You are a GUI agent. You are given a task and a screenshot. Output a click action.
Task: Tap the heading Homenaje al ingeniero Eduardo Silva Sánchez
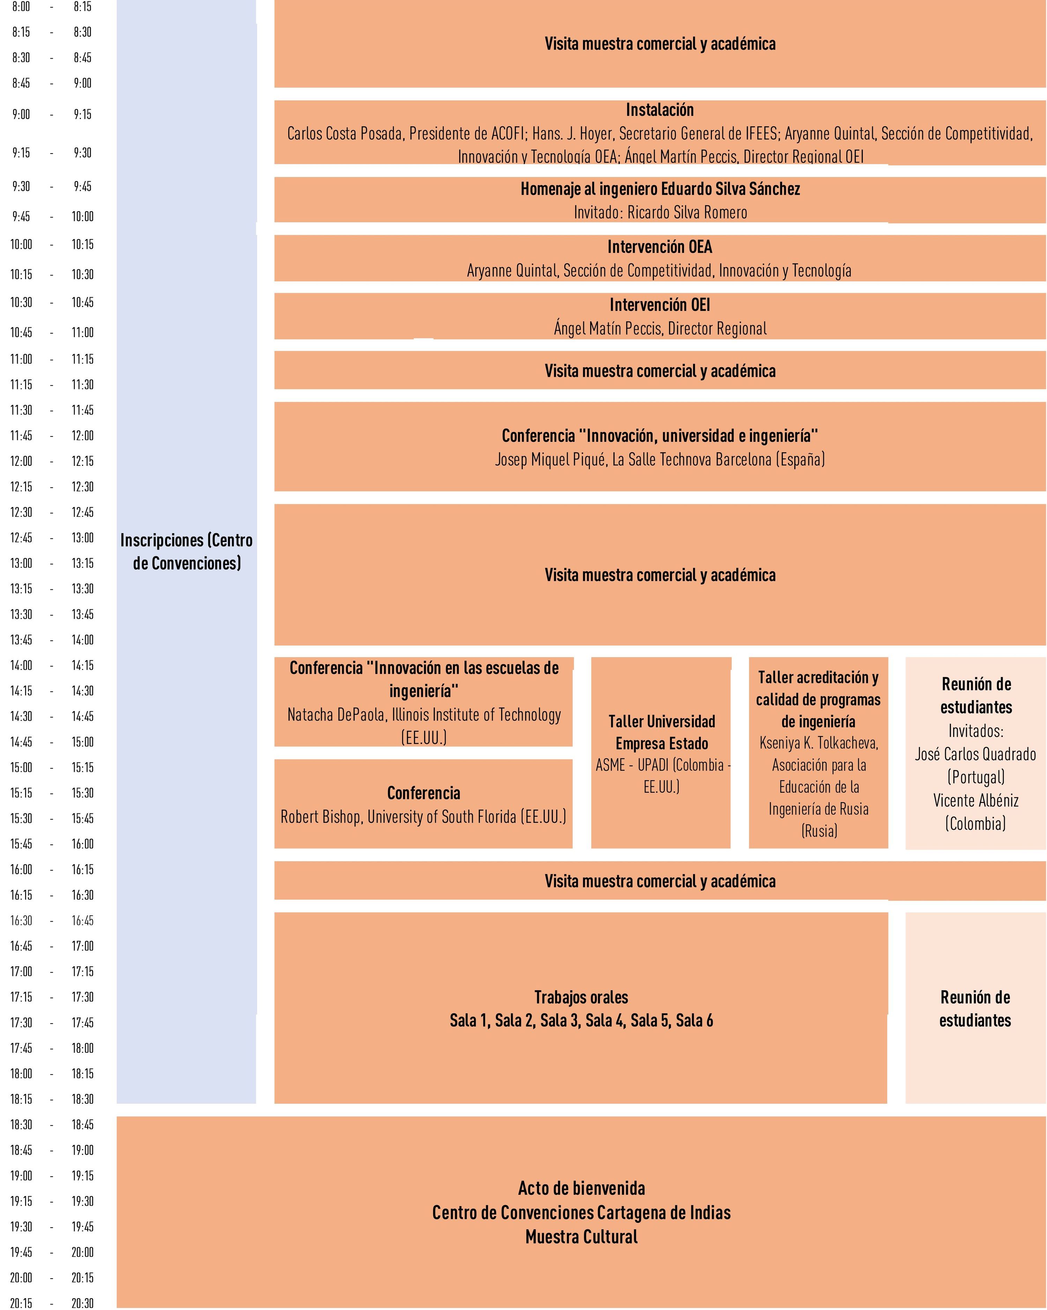coord(660,189)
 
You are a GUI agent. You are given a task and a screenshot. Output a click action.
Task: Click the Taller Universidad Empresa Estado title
coord(661,732)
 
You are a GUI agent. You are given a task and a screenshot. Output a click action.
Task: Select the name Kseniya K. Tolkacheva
coord(818,743)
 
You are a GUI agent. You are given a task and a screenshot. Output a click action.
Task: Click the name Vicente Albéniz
coord(975,800)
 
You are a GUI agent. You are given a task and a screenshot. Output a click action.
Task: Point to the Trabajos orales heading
coord(581,997)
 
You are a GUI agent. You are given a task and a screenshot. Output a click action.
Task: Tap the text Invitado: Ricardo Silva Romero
coord(660,212)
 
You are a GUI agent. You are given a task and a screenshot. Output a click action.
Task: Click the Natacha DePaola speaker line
coord(424,715)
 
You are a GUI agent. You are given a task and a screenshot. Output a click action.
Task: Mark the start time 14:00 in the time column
coord(21,665)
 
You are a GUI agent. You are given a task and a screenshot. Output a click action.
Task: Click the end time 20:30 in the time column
coord(83,1303)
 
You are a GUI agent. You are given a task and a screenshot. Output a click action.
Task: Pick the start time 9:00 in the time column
coord(21,114)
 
